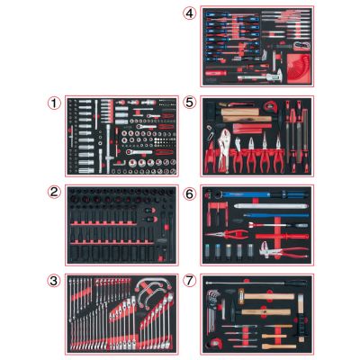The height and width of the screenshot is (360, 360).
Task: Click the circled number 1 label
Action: pyautogui.click(x=54, y=103)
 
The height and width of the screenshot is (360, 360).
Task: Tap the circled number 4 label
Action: pyautogui.click(x=189, y=13)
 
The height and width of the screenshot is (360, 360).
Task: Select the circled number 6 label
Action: pyautogui.click(x=189, y=194)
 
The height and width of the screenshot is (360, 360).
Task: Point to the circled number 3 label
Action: pyautogui.click(x=54, y=281)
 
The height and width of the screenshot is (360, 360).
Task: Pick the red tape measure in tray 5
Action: pyautogui.click(x=270, y=105)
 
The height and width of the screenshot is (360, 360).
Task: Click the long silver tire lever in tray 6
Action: pyautogui.click(x=271, y=206)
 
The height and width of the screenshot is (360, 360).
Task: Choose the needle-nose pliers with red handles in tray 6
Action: pyautogui.click(x=227, y=233)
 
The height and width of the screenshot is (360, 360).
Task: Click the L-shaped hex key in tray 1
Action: pyautogui.click(x=120, y=163)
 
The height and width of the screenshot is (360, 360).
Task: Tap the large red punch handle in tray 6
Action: pyautogui.click(x=282, y=237)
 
